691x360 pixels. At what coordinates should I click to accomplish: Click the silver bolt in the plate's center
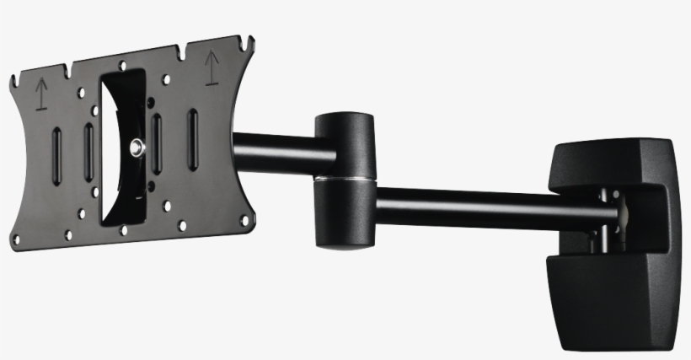(x=136, y=148)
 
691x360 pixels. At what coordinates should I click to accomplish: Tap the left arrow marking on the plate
(x=39, y=95)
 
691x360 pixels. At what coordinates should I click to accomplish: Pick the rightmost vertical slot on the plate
(x=192, y=129)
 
